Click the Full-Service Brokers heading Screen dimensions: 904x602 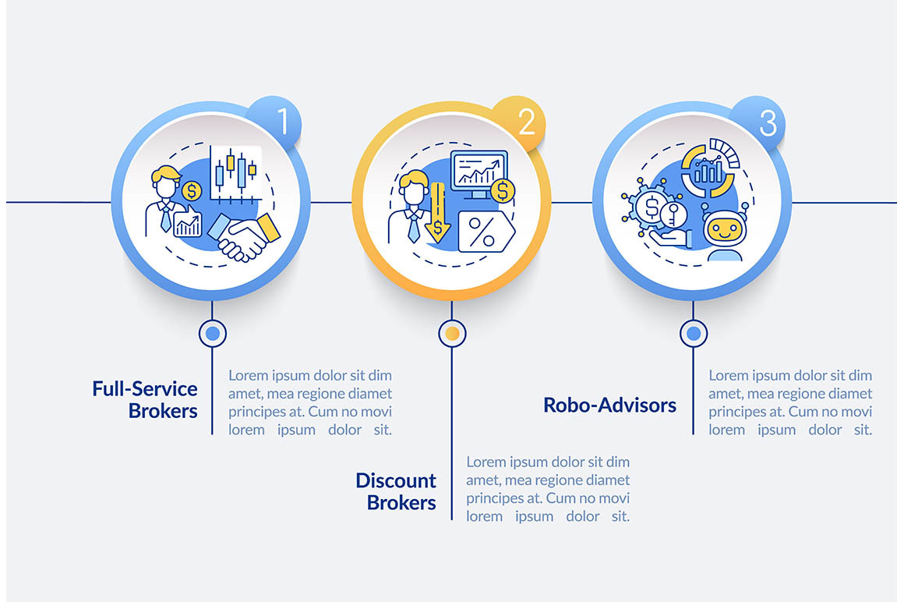pyautogui.click(x=145, y=399)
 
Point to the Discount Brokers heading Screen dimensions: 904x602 pyautogui.click(x=396, y=491)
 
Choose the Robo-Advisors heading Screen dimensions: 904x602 pyautogui.click(x=610, y=405)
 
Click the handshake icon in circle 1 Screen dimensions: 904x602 pyautogui.click(x=244, y=236)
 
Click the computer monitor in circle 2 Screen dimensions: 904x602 pyautogui.click(x=478, y=174)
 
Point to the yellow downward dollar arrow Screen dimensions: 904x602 pyautogui.click(x=438, y=213)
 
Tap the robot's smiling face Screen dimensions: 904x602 pyautogui.click(x=725, y=231)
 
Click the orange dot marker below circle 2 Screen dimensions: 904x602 pyautogui.click(x=453, y=333)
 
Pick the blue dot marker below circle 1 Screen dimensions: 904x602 pyautogui.click(x=213, y=333)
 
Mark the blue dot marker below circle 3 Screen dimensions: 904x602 pyautogui.click(x=694, y=333)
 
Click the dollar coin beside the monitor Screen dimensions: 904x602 pyautogui.click(x=503, y=190)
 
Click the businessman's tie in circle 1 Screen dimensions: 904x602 pyautogui.click(x=165, y=220)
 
